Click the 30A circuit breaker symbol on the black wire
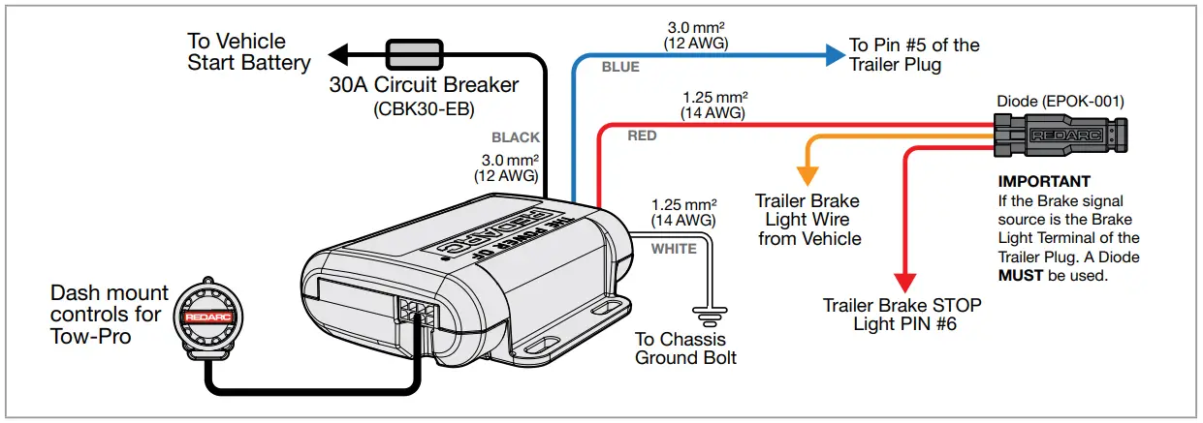click(414, 52)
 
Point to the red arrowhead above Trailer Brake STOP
click(904, 282)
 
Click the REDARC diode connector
click(1061, 136)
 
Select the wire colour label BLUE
click(620, 68)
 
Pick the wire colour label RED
click(642, 136)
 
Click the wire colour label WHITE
click(674, 249)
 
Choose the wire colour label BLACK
click(515, 138)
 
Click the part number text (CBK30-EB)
click(424, 109)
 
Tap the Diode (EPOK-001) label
click(1061, 101)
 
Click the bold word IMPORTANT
click(1044, 182)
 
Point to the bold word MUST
click(1020, 275)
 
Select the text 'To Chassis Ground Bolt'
click(685, 348)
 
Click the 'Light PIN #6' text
click(904, 323)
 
